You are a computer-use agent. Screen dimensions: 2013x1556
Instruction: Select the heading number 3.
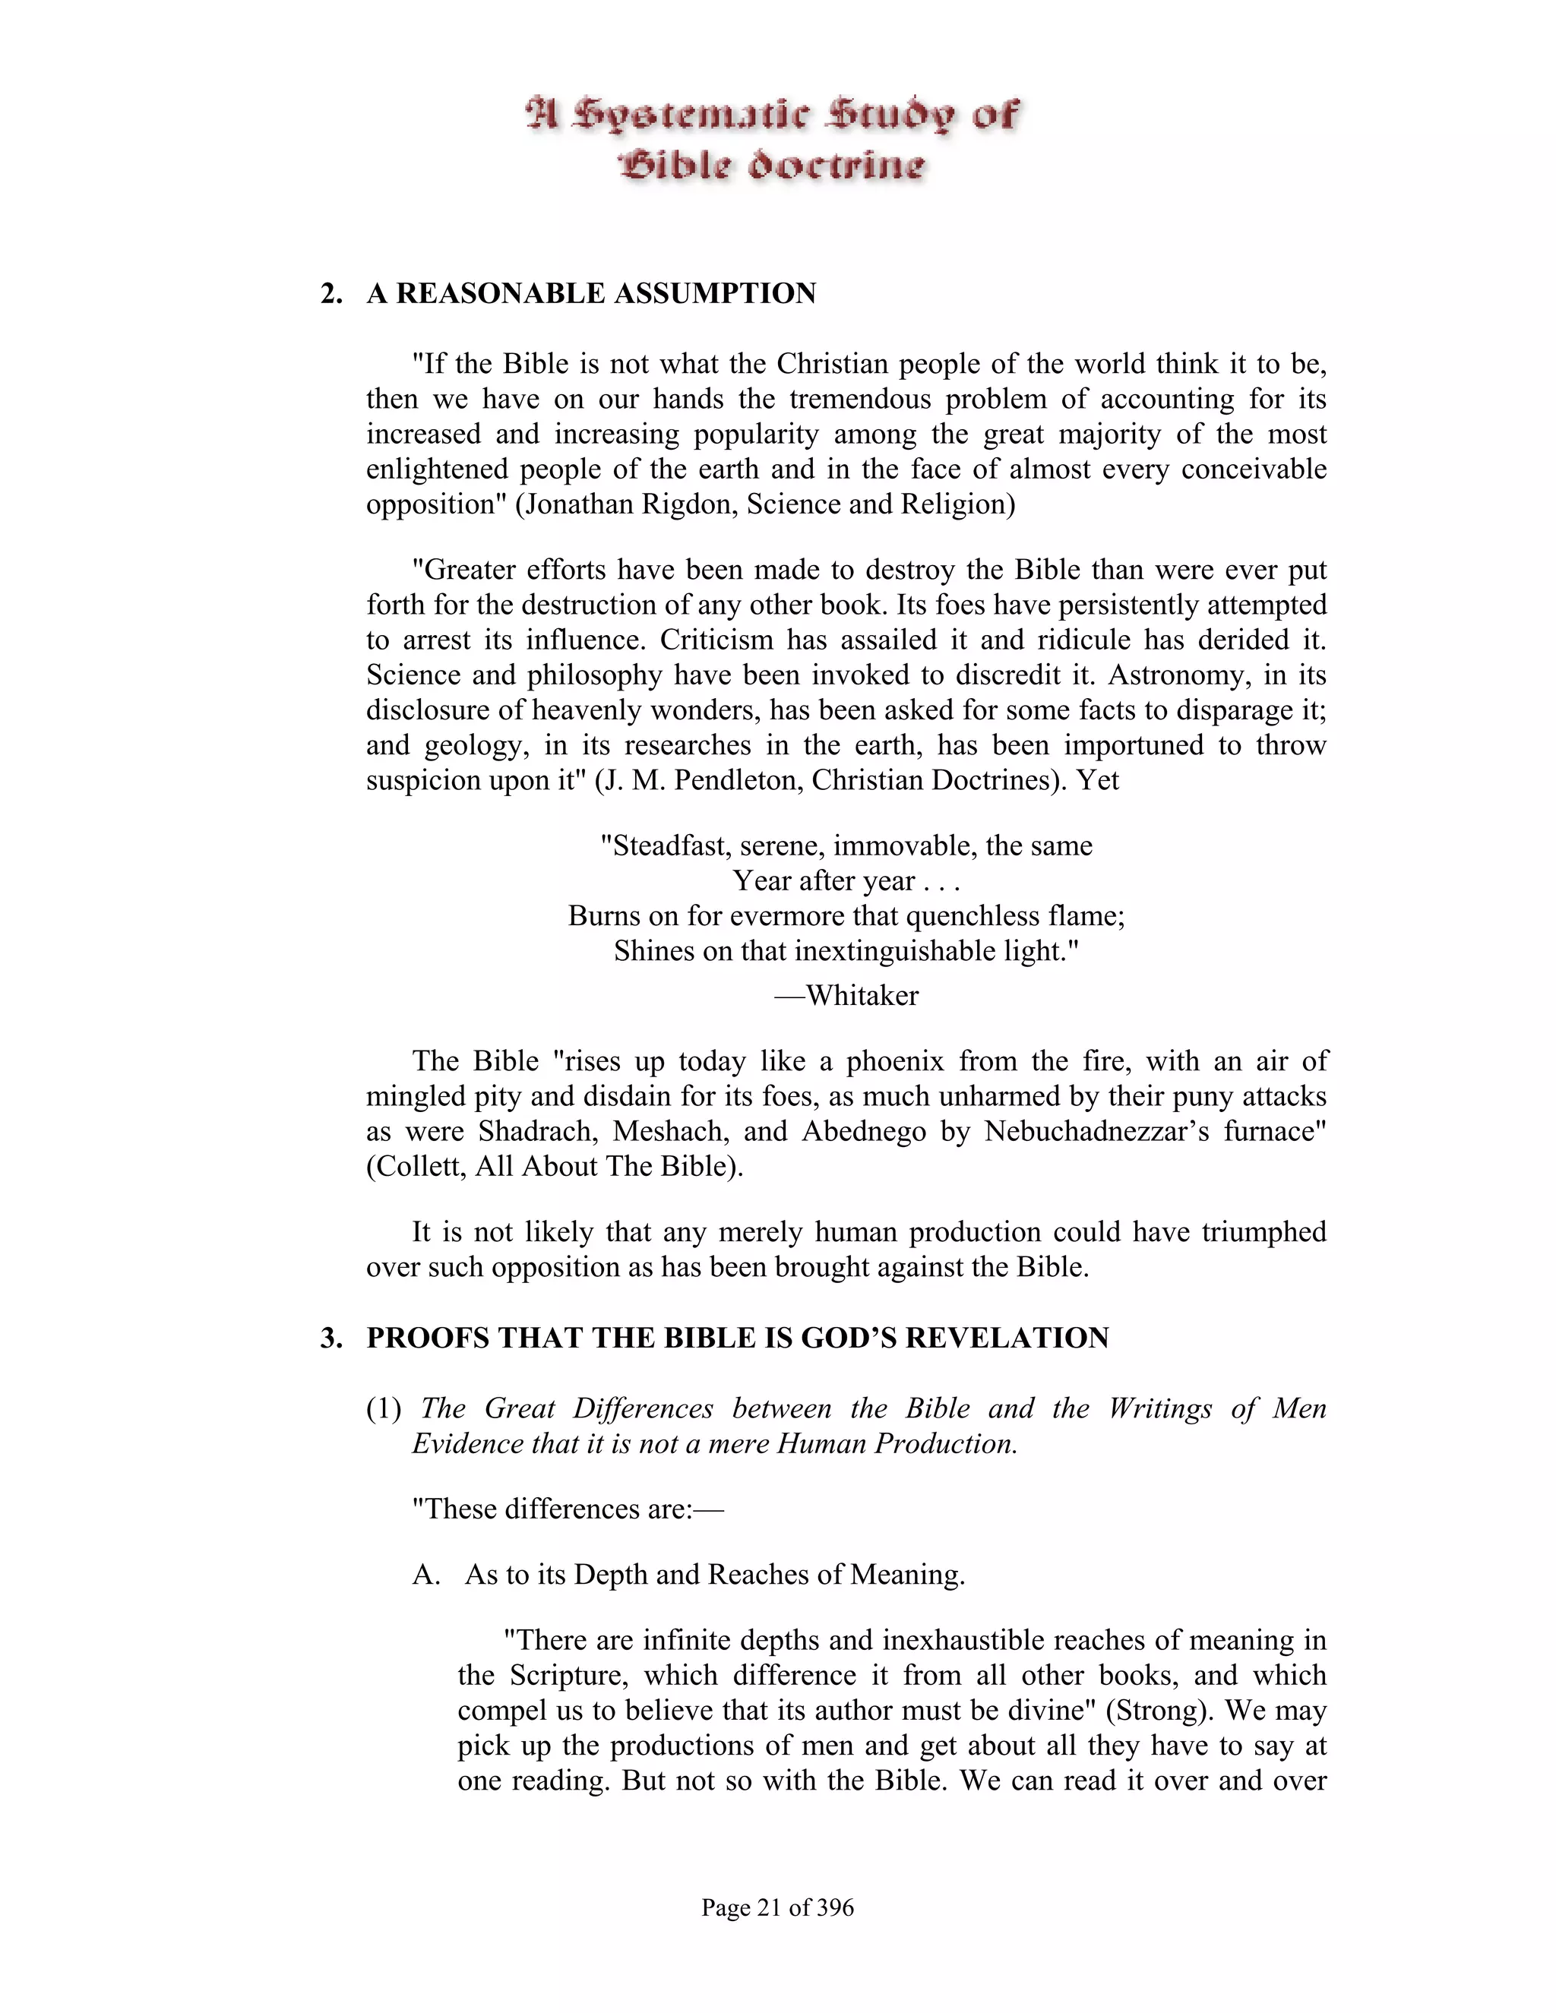coord(330,1338)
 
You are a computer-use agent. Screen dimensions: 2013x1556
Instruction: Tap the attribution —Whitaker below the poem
coord(846,995)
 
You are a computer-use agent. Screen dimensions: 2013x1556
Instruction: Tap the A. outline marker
coord(427,1574)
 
